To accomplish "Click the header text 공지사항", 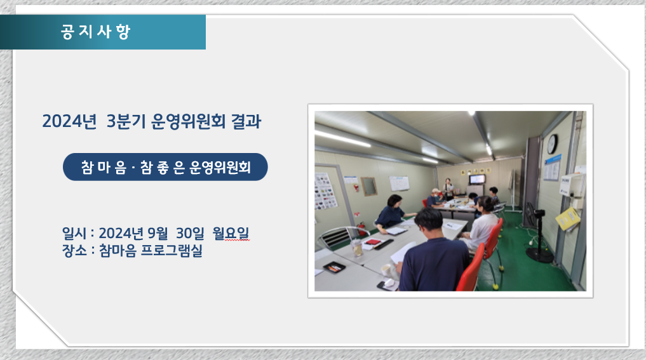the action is click(95, 32).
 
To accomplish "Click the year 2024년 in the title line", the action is click(69, 121).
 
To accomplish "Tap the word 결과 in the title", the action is click(246, 121).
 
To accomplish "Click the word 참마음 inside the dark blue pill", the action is click(104, 167).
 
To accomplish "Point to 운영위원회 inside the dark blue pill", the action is click(220, 167).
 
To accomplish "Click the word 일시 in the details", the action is click(74, 233).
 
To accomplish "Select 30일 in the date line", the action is click(190, 233).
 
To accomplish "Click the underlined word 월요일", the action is click(231, 233).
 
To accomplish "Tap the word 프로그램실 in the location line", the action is click(172, 250).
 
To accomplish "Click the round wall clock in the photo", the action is click(552, 143).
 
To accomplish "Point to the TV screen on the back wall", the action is click(478, 179).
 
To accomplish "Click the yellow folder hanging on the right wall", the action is click(568, 218).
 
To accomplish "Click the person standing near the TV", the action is click(448, 189).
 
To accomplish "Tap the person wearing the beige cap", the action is click(434, 198).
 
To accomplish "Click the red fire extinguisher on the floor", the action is click(361, 228).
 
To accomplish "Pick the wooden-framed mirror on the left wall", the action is click(368, 186).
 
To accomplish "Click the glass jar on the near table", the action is click(357, 248).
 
